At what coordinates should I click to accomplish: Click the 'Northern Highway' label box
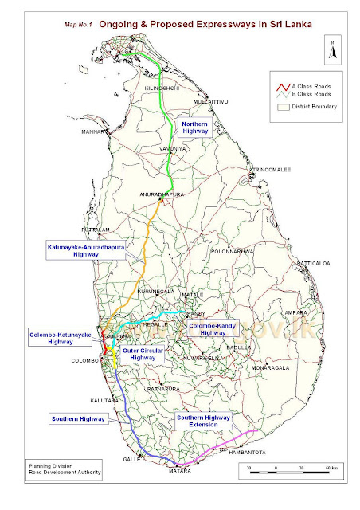tap(194, 129)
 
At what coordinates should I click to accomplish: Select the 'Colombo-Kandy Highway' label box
tap(209, 330)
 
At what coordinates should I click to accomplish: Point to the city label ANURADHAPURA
tap(162, 194)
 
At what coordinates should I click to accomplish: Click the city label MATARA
tap(179, 472)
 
